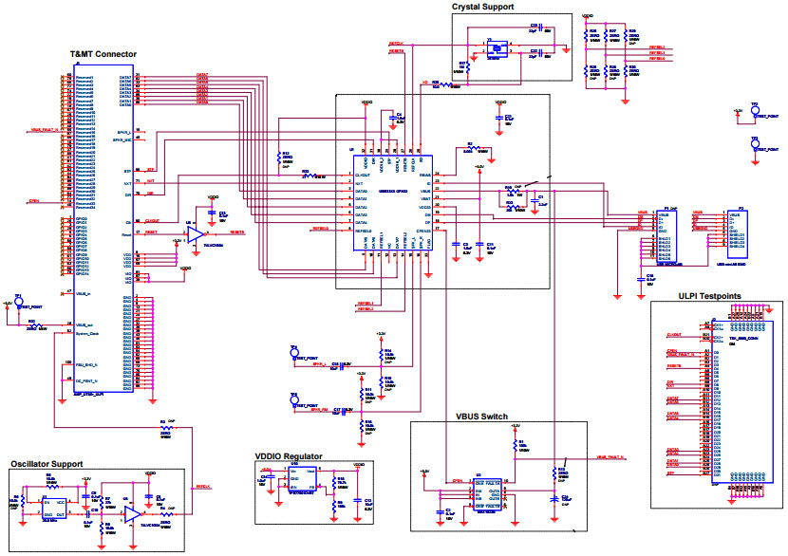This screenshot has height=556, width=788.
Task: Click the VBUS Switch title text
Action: point(481,417)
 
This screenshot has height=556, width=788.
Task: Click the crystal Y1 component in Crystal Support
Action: point(494,47)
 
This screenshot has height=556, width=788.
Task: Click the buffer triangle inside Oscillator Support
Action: point(130,512)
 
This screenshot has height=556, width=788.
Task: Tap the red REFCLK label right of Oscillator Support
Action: point(203,489)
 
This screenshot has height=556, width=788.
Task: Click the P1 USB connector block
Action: point(670,233)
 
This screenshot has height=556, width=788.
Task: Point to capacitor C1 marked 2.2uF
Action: point(446,512)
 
